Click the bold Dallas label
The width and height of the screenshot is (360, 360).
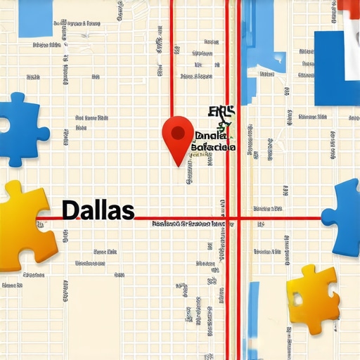[x=98, y=209]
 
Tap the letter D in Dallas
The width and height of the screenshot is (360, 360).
[x=70, y=209]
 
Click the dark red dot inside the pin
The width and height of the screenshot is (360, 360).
[x=178, y=131]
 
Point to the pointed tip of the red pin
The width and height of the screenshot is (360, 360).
[x=180, y=166]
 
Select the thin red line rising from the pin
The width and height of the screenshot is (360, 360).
[x=172, y=56]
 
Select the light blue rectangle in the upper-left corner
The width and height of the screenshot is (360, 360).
[x=35, y=18]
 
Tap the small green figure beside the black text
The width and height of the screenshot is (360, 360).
[x=224, y=127]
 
